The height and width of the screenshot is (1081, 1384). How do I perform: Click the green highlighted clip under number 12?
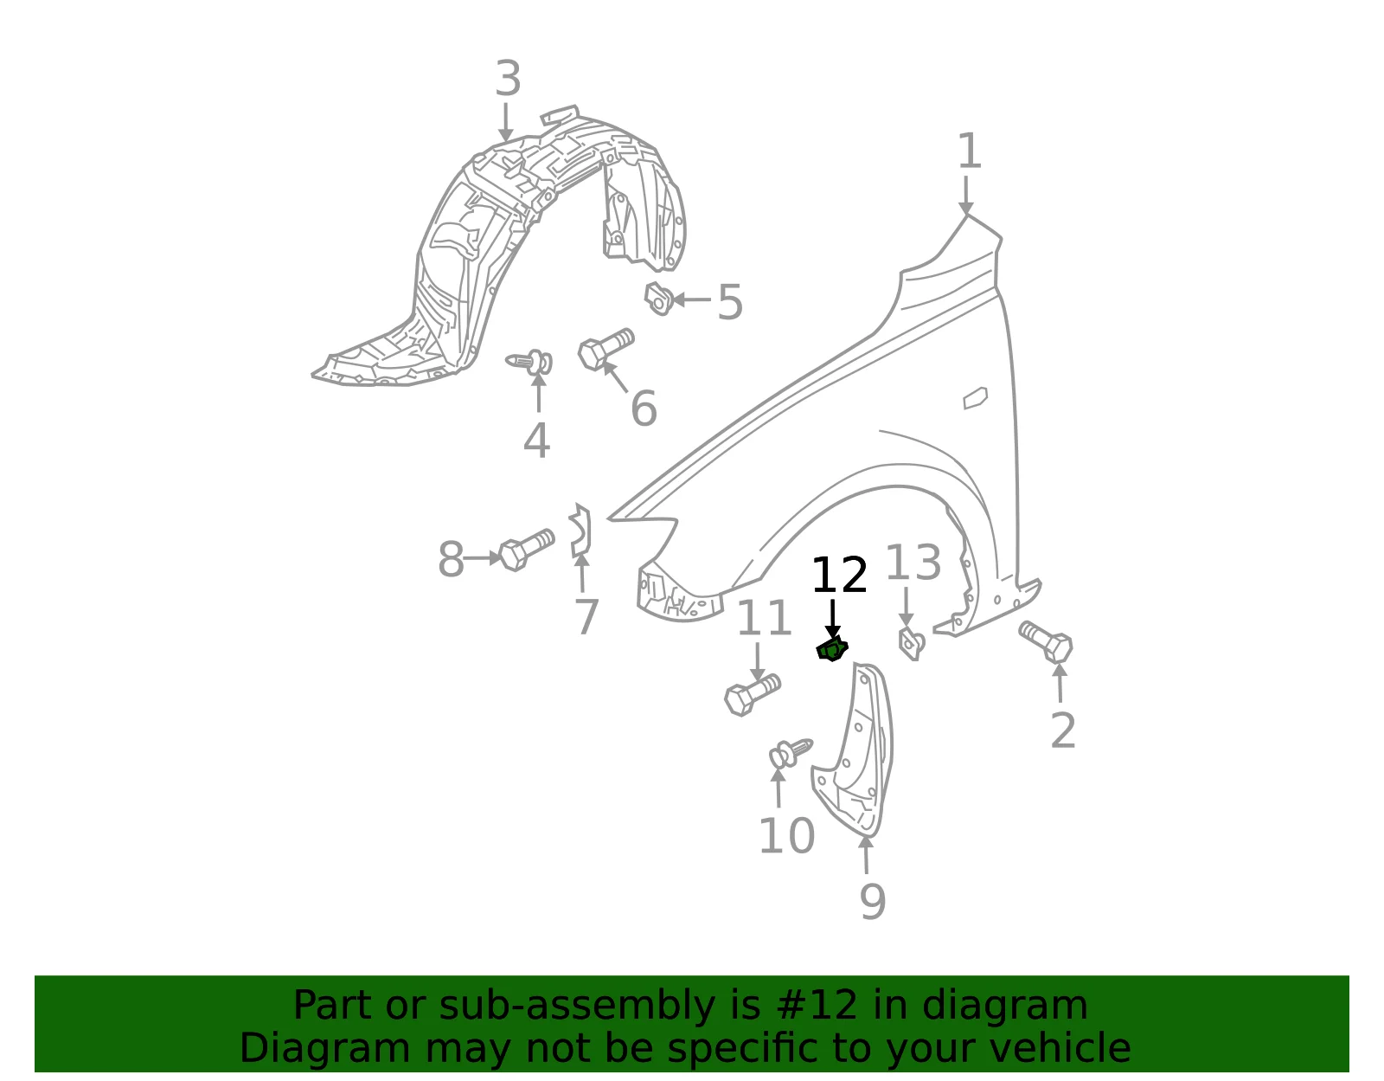(832, 649)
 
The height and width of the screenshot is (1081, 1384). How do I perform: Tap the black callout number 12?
(839, 576)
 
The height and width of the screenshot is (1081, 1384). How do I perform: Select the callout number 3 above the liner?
(509, 79)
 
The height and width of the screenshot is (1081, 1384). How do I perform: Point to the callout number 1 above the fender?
(970, 151)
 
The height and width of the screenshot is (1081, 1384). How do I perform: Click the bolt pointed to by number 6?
(605, 349)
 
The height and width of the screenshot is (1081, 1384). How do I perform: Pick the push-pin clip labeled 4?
(530, 362)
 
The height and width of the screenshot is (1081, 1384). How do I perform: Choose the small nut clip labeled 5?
(659, 298)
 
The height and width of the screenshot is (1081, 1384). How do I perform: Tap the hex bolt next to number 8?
(526, 550)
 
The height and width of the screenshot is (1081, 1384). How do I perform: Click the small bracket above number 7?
(580, 530)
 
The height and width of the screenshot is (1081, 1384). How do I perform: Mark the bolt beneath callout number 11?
(753, 695)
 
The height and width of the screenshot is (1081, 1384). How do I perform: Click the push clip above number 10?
(791, 753)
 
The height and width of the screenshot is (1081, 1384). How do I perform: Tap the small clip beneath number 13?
(912, 643)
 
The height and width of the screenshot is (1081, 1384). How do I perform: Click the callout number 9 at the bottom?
(873, 901)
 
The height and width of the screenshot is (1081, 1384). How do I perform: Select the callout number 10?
(786, 836)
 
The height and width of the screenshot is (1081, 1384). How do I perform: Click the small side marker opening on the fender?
(975, 398)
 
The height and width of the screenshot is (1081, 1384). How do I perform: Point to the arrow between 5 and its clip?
(692, 299)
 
